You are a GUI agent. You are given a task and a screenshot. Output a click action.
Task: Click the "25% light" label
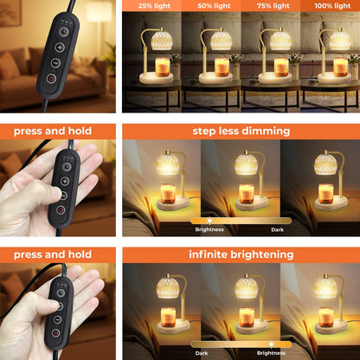(x=154, y=6)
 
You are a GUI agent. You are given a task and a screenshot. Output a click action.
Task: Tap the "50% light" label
(x=214, y=6)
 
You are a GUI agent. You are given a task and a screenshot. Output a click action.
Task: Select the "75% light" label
(x=273, y=6)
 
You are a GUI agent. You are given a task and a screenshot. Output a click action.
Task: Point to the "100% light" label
(x=332, y=6)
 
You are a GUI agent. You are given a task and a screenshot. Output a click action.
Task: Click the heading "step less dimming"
(x=241, y=132)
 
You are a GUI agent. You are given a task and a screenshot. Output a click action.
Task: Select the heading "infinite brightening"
(x=241, y=254)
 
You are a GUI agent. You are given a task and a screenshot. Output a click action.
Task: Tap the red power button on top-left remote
(x=51, y=78)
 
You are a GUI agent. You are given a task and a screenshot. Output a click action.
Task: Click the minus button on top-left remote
(x=55, y=62)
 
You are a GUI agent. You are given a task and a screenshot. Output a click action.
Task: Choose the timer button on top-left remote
(x=64, y=31)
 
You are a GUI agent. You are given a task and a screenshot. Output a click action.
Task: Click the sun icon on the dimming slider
(x=209, y=221)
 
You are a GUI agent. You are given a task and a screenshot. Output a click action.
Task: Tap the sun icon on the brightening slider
(x=271, y=344)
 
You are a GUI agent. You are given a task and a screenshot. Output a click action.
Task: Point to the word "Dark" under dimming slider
(x=277, y=230)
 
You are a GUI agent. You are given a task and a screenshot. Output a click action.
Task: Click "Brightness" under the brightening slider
(x=271, y=353)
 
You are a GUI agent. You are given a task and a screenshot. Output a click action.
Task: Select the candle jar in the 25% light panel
(x=163, y=67)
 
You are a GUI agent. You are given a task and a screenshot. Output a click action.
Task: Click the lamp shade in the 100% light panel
(x=340, y=41)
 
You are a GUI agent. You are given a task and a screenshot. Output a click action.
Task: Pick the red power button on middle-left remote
(x=61, y=209)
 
